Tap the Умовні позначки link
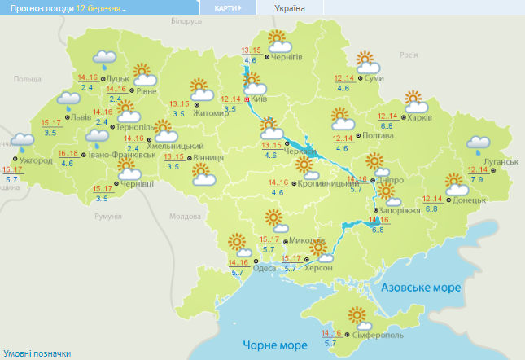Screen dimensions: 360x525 point(35,353)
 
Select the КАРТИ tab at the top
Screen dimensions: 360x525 point(227,7)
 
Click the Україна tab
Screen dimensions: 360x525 point(291,7)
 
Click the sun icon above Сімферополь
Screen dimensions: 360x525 point(357,316)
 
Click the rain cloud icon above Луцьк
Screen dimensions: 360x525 point(104,59)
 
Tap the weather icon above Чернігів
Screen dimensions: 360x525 point(278,40)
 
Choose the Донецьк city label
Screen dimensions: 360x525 point(470,199)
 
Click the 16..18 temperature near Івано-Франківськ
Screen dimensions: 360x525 point(68,153)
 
